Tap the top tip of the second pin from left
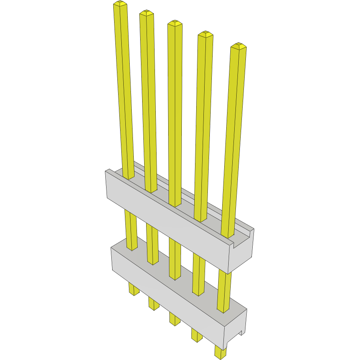pyautogui.click(x=147, y=13)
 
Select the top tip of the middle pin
pyautogui.click(x=175, y=23)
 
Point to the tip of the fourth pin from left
pyautogui.click(x=205, y=34)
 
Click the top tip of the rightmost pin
pyautogui.click(x=239, y=46)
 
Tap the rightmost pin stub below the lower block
pyautogui.click(x=220, y=352)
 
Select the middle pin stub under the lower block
pyautogui.click(x=174, y=318)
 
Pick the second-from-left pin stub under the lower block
pyautogui.click(x=153, y=303)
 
